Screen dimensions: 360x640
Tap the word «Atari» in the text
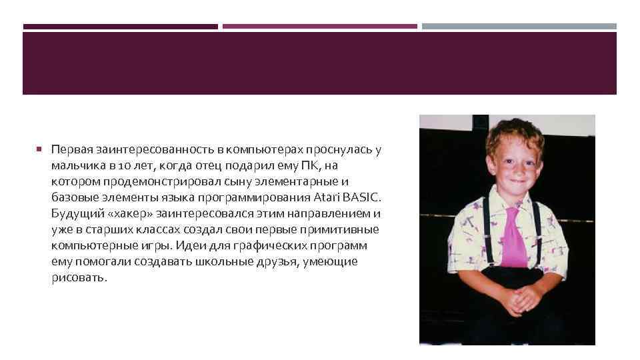tap(325, 198)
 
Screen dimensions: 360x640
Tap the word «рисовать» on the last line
tap(77, 278)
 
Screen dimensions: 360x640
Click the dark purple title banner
tap(320, 63)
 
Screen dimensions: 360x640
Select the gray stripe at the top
tap(519, 27)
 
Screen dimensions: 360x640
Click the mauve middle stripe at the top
tap(320, 27)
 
